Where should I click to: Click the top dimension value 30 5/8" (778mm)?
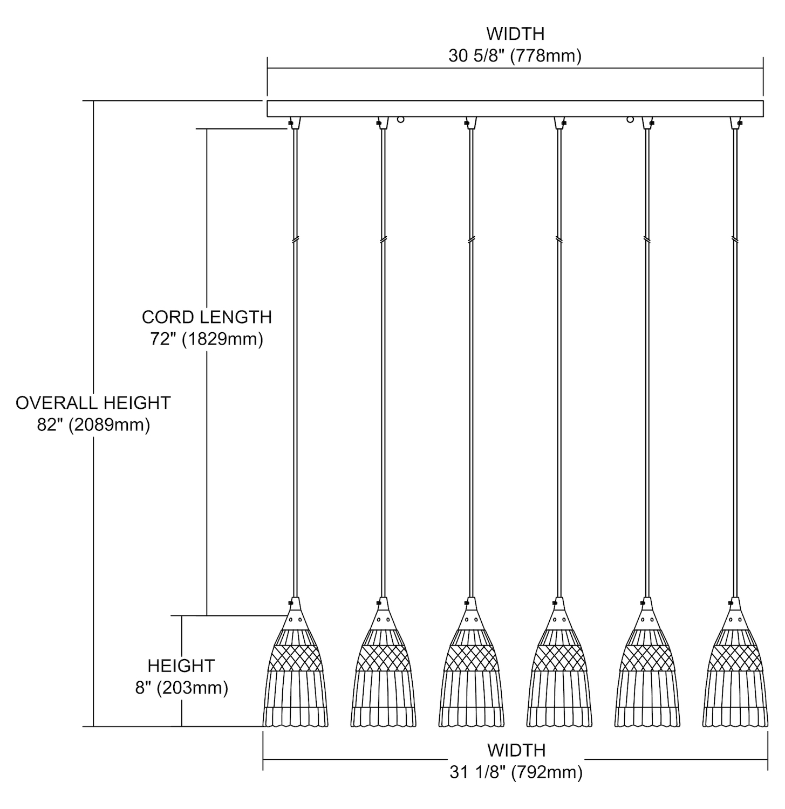(515, 56)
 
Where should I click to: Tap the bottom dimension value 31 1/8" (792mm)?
(516, 773)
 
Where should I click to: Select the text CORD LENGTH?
(207, 317)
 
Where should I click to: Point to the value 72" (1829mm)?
(207, 340)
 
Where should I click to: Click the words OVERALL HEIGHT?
(93, 403)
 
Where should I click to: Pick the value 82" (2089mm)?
(93, 425)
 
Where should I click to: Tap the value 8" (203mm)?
(181, 688)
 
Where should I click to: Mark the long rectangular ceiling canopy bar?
(515, 108)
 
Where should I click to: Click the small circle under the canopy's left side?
(400, 120)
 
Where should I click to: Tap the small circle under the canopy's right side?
(630, 120)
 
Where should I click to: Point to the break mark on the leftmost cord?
(295, 239)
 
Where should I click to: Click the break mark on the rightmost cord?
(734, 239)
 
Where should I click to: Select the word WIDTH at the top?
(515, 34)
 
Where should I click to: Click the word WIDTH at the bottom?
(516, 750)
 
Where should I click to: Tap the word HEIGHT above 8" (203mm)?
(181, 666)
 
